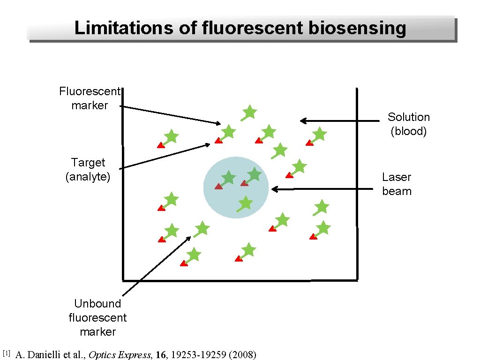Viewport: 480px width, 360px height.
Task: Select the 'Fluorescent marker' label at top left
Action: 90,98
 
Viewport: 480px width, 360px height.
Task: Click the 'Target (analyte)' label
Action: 88,169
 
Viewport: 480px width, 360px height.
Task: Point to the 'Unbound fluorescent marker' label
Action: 97,317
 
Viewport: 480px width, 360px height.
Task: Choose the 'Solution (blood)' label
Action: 409,124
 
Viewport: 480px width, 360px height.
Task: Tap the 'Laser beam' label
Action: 397,184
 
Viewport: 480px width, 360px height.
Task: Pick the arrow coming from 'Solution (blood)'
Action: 340,121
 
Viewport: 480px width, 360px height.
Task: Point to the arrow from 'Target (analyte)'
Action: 164,156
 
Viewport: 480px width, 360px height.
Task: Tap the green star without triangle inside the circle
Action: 245,203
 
